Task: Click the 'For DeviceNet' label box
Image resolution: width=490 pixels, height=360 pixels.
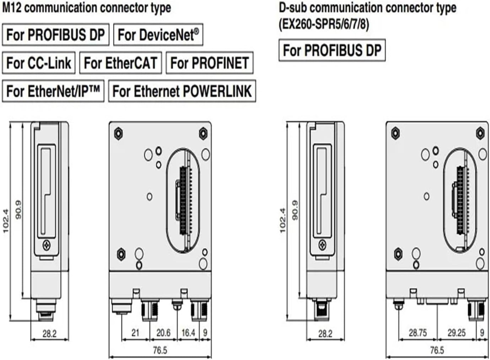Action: (x=158, y=35)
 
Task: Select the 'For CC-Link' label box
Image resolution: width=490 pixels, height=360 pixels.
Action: (x=39, y=63)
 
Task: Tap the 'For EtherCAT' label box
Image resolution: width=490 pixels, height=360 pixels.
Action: (x=120, y=63)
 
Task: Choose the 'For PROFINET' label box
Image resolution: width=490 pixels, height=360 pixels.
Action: (x=210, y=63)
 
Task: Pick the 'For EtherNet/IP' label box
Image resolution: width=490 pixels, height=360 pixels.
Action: (x=53, y=91)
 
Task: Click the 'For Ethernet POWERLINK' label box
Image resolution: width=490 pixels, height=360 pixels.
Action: (x=182, y=91)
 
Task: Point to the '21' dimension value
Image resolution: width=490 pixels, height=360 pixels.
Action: (x=135, y=333)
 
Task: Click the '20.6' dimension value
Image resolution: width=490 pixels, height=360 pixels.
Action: (x=163, y=333)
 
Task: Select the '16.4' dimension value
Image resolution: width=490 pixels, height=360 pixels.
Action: (x=188, y=333)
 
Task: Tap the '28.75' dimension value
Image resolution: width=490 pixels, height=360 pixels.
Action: (x=418, y=333)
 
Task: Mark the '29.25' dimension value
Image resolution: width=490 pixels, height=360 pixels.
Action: (x=456, y=333)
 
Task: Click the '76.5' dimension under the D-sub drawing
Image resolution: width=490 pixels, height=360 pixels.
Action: (x=437, y=350)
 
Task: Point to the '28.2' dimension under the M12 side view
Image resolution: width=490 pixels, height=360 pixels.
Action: (x=49, y=333)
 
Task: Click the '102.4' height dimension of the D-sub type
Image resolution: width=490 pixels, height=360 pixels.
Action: (x=283, y=220)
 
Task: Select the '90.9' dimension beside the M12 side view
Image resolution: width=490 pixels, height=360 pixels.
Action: (x=18, y=209)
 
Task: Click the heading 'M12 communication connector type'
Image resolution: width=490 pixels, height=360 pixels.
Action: (x=87, y=7)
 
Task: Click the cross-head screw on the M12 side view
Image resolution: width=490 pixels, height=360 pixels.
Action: (x=47, y=245)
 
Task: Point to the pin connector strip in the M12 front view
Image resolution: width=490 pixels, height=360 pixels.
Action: (x=183, y=201)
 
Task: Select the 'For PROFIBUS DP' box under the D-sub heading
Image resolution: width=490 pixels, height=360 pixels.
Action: (x=332, y=50)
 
